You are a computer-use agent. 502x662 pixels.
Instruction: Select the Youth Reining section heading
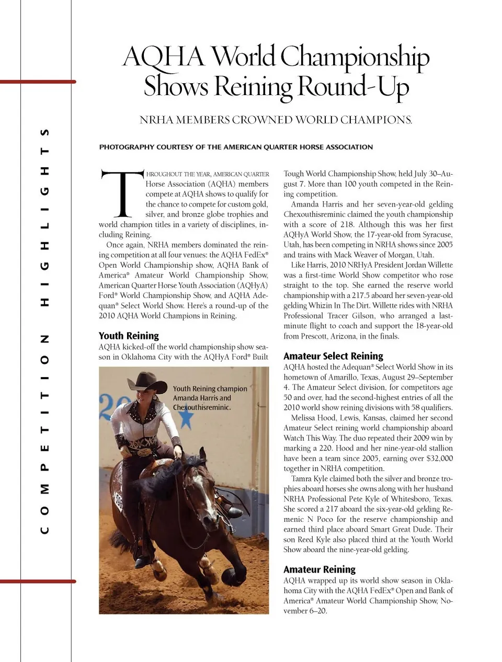point(129,336)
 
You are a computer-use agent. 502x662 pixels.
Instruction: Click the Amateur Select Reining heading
point(333,356)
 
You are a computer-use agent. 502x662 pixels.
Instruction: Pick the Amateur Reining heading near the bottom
point(319,569)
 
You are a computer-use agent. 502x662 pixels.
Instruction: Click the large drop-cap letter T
point(121,193)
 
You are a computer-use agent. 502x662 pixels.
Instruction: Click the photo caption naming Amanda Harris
point(210,398)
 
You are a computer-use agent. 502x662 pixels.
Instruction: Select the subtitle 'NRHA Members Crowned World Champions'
point(276,120)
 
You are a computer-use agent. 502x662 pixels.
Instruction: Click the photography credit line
point(236,147)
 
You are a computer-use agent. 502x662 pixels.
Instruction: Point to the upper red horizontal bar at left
point(38,82)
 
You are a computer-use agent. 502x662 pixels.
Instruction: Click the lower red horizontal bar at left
point(38,581)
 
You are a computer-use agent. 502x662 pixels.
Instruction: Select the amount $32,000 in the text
point(440,459)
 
